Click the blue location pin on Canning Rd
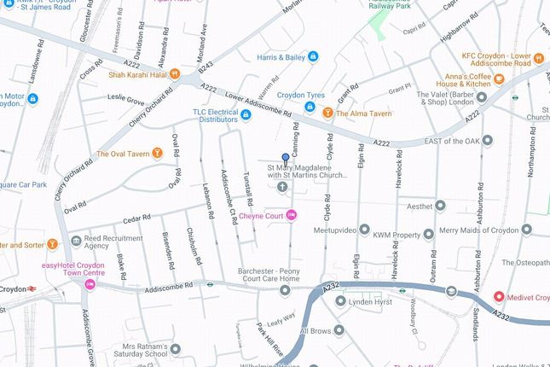click(285, 158)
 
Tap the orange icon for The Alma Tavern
click(327, 112)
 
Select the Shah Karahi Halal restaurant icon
click(174, 73)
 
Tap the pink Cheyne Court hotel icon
click(292, 215)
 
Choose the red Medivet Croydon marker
click(499, 297)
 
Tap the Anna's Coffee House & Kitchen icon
click(500, 79)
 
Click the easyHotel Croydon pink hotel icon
click(89, 283)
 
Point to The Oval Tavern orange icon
click(159, 154)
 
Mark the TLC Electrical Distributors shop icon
click(246, 115)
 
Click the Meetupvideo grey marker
click(365, 230)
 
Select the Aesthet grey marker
click(440, 206)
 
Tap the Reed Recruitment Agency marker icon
click(76, 242)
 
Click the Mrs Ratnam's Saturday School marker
click(176, 349)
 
